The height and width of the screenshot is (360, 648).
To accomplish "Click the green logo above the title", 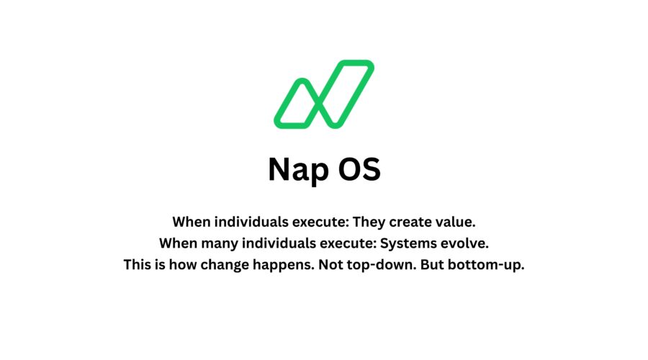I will (x=323, y=94).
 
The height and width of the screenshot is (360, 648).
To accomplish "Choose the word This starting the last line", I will (x=138, y=264).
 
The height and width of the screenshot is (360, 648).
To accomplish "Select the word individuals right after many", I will (x=271, y=243).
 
